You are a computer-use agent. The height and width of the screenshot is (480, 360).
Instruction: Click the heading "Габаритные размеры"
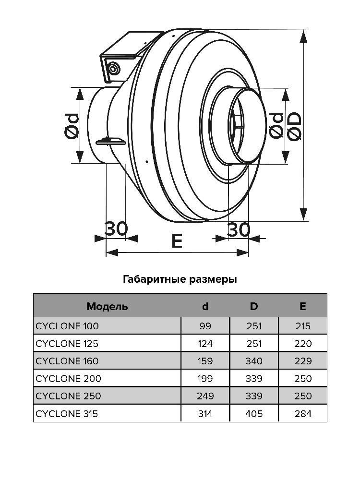(180, 279)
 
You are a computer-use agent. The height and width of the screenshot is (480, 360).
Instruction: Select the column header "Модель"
(107, 306)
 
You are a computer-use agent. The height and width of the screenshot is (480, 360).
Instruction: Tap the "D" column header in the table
(254, 306)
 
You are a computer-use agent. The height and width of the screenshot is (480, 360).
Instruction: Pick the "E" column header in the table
(303, 306)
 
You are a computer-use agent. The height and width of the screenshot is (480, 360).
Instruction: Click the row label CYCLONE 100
(67, 326)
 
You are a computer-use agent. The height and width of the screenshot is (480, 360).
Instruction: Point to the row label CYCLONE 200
(69, 378)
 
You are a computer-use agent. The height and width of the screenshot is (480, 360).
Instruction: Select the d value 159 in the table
(205, 361)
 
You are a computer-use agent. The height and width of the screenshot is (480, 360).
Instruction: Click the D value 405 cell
(254, 413)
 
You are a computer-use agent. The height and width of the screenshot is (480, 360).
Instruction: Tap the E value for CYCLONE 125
(303, 344)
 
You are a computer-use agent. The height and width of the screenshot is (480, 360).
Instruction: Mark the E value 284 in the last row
(303, 413)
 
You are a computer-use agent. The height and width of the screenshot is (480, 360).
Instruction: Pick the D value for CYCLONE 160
(254, 361)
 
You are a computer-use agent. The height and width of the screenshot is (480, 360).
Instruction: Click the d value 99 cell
(205, 326)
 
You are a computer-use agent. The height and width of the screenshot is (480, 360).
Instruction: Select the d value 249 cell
(205, 396)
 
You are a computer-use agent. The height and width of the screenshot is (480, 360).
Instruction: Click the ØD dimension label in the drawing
(294, 126)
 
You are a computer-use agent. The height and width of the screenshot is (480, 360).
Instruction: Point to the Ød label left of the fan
(72, 126)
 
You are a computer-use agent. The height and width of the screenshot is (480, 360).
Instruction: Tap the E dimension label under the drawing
(177, 241)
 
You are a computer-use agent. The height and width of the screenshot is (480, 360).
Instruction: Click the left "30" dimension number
(116, 229)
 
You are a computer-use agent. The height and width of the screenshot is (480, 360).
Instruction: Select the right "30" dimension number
(239, 230)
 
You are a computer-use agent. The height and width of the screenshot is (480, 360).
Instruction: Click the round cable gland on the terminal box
(114, 69)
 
